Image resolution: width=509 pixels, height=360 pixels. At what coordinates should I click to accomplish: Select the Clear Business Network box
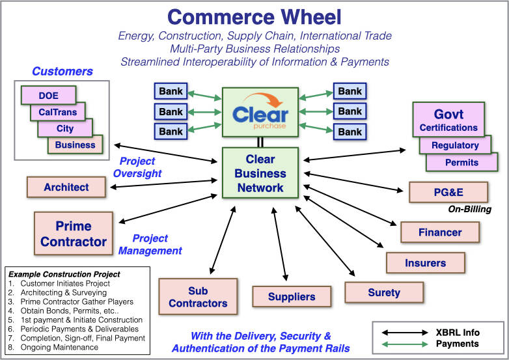[x=260, y=173]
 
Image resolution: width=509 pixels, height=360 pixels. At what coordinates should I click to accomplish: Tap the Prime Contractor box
[x=74, y=234]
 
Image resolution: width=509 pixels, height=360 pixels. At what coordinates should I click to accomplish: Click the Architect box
[x=66, y=187]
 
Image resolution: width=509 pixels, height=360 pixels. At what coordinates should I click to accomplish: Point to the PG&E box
[x=448, y=193]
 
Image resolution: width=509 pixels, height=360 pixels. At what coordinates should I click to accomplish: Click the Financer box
[x=440, y=232]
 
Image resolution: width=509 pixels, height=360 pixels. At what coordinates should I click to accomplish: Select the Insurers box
[x=426, y=263]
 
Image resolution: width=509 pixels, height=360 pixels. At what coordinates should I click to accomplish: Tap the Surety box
[x=384, y=292]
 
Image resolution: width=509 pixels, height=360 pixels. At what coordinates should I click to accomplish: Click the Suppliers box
[x=292, y=297]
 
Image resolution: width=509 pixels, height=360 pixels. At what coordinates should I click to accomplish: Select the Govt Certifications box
[x=448, y=120]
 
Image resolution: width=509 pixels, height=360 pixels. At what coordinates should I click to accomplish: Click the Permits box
[x=461, y=161]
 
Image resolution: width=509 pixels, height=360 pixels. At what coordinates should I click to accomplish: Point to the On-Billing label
[x=469, y=210]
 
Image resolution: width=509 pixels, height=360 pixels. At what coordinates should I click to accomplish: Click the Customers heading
[x=62, y=72]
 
